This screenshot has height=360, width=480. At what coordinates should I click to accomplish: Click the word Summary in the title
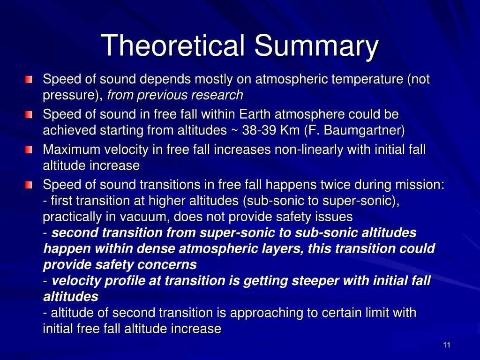pyautogui.click(x=316, y=45)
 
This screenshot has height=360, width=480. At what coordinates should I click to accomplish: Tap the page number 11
pyautogui.click(x=446, y=345)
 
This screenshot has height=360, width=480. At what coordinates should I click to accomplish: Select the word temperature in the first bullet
pyautogui.click(x=366, y=80)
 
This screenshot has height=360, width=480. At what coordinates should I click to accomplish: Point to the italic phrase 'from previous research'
pyautogui.click(x=175, y=95)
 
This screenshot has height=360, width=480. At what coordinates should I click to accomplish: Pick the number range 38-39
pyautogui.click(x=261, y=130)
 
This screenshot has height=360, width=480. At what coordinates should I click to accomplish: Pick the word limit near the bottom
pyautogui.click(x=376, y=313)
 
